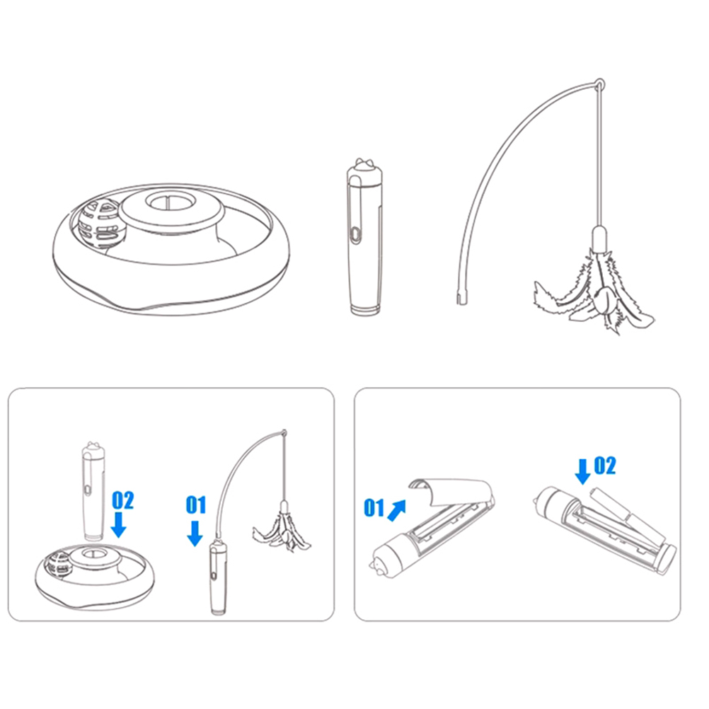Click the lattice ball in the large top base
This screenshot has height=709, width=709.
pyautogui.click(x=102, y=224)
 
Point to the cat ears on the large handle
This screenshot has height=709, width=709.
pyautogui.click(x=364, y=163)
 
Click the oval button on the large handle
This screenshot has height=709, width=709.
pyautogui.click(x=356, y=235)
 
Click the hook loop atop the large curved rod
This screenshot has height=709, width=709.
pyautogui.click(x=599, y=84)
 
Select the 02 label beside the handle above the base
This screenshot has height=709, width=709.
pyautogui.click(x=122, y=500)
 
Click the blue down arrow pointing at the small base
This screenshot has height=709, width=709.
pyautogui.click(x=118, y=524)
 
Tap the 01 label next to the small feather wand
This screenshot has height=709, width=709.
pyautogui.click(x=196, y=505)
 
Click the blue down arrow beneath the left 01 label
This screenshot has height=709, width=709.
pyautogui.click(x=195, y=534)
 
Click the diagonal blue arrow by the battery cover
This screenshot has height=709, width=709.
pyautogui.click(x=396, y=510)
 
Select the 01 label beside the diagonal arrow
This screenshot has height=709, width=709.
pyautogui.click(x=374, y=507)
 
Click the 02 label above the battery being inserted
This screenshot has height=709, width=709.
pyautogui.click(x=604, y=466)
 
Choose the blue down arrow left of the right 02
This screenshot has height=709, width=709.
pyautogui.click(x=583, y=472)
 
